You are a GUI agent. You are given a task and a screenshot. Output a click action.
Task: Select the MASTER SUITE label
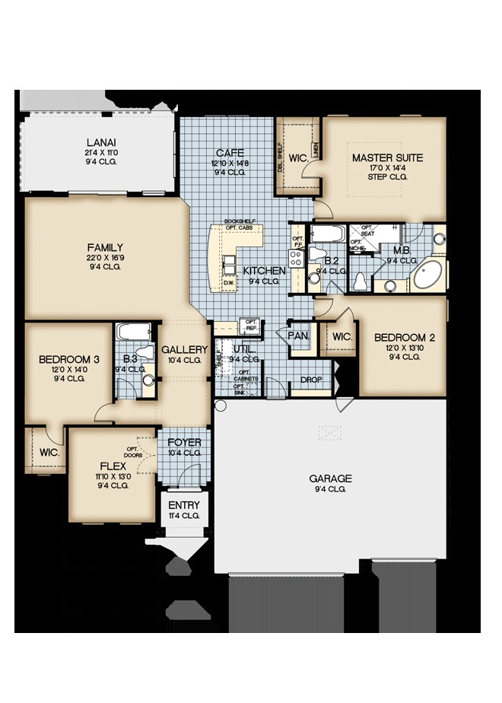(387, 158)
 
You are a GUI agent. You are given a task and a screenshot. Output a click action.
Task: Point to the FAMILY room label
(105, 247)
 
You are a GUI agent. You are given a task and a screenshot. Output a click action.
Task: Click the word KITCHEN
(264, 271)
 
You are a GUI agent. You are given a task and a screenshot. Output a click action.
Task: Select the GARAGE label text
(330, 479)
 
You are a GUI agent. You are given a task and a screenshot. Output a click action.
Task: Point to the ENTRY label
(183, 505)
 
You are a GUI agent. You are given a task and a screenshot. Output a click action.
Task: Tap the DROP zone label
(310, 380)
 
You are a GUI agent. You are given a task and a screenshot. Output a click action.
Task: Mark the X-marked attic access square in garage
(329, 433)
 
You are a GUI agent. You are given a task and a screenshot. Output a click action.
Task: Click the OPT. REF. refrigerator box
(249, 326)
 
